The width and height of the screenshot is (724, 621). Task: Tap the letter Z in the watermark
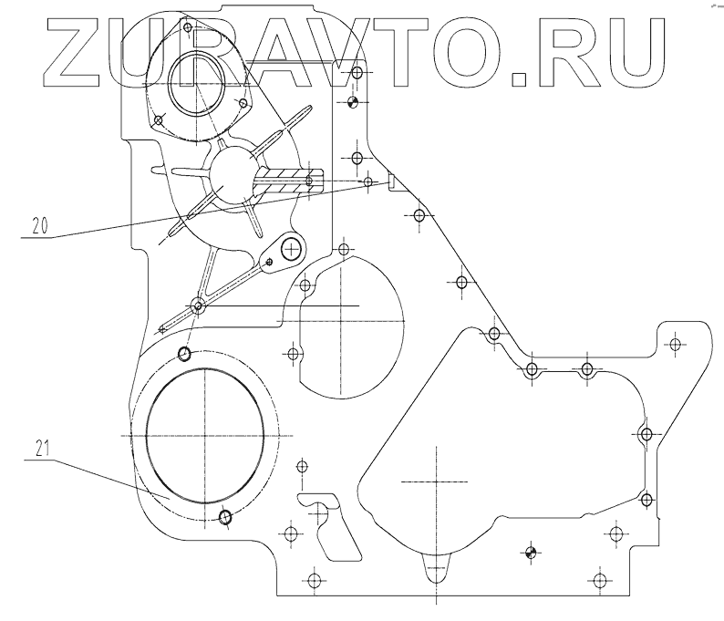tap(78, 51)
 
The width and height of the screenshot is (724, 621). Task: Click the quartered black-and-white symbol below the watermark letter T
tap(356, 101)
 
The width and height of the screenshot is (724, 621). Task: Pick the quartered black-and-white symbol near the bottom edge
tap(531, 550)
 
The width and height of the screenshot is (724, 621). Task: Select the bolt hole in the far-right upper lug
tap(675, 344)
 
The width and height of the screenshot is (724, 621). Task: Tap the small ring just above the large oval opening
tap(185, 354)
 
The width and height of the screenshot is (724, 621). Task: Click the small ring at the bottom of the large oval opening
tap(226, 518)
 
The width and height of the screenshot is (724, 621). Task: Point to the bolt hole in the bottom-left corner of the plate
tap(314, 580)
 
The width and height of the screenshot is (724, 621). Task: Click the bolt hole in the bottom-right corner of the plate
tap(599, 580)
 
